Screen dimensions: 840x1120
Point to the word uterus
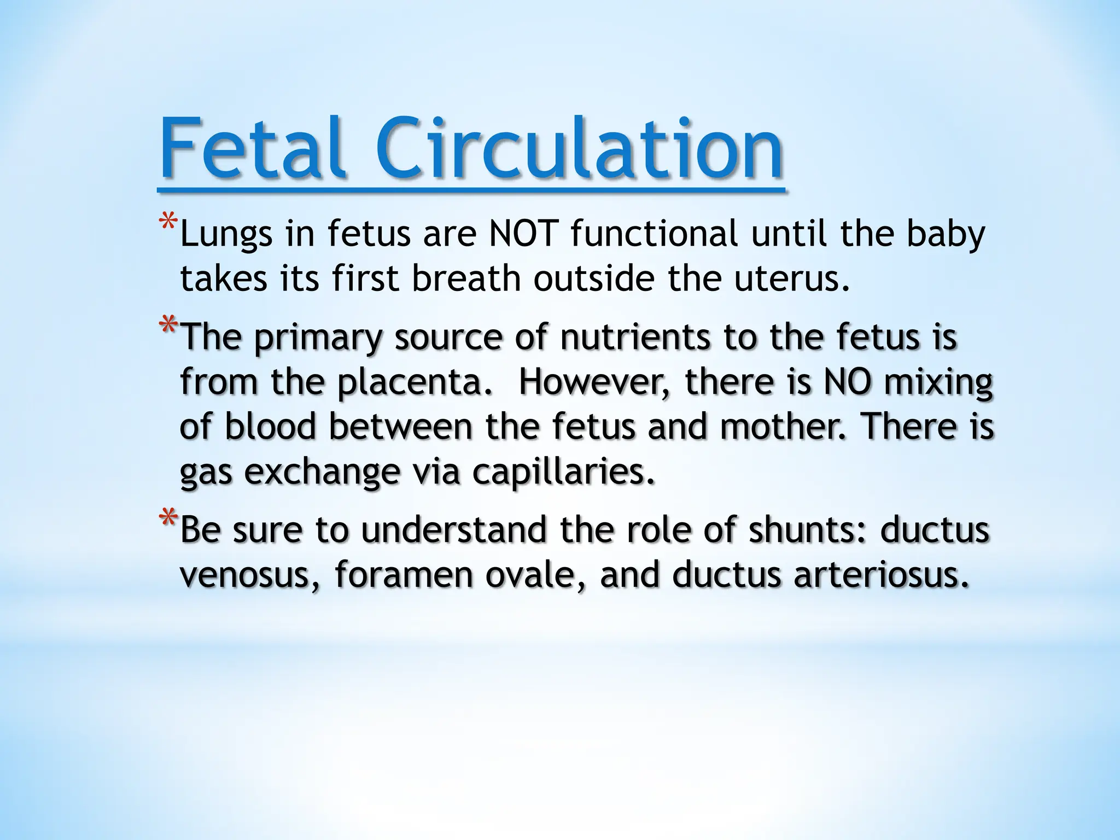pyautogui.click(x=785, y=279)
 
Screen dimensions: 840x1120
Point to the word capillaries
pyautogui.click(x=563, y=472)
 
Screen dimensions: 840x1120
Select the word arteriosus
pyautogui.click(x=880, y=575)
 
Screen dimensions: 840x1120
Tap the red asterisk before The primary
pyautogui.click(x=168, y=327)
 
